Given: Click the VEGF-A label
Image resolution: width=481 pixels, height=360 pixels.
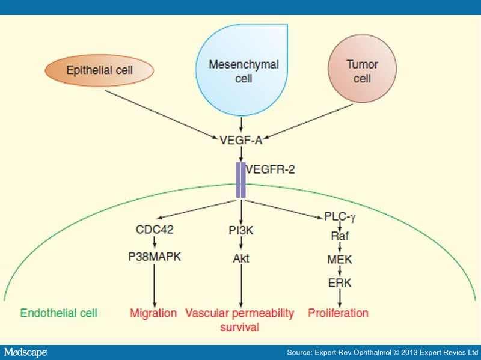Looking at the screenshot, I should click(x=241, y=139).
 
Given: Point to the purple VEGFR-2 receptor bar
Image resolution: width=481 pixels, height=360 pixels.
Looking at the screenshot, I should click(x=240, y=179).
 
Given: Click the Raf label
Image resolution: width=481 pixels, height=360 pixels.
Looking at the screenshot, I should click(x=340, y=237).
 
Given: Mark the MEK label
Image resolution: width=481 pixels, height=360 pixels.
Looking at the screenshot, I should click(x=340, y=260).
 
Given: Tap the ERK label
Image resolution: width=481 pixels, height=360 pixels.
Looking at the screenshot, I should click(x=340, y=282).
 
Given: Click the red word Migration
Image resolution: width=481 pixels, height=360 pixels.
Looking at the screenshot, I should click(x=153, y=313).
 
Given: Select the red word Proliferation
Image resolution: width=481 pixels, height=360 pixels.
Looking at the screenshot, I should click(x=339, y=313).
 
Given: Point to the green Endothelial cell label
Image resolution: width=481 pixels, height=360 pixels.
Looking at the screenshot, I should click(x=59, y=313).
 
